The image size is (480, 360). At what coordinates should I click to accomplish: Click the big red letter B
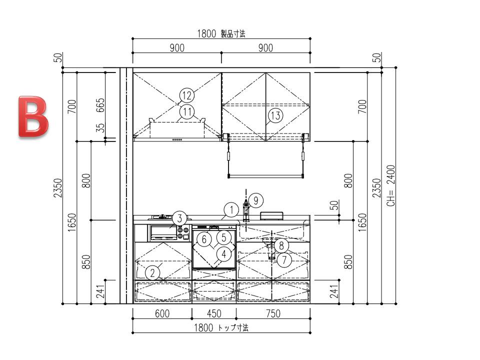[33, 116]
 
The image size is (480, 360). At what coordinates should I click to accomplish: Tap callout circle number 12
[186, 95]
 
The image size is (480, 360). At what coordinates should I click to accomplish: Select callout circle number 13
[275, 115]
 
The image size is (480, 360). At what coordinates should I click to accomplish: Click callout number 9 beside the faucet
[256, 200]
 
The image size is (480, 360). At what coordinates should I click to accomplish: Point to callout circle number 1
[231, 210]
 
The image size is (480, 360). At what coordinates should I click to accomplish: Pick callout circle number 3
[179, 218]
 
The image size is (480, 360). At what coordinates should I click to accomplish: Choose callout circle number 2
[153, 272]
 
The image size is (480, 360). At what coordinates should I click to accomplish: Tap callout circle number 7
[284, 260]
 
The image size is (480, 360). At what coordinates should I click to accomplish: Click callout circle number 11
[187, 111]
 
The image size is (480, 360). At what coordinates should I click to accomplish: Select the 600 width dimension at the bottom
[162, 313]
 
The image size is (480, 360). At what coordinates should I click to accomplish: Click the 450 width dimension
[213, 313]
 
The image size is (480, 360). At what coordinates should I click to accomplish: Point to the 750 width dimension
[273, 313]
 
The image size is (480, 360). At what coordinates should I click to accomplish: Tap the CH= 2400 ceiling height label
[391, 185]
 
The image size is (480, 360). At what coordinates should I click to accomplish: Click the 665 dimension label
[100, 105]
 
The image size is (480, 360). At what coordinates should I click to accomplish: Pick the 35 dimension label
[100, 127]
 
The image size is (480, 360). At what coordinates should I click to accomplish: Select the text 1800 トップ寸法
[221, 328]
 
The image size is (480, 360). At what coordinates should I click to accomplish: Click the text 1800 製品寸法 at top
[221, 33]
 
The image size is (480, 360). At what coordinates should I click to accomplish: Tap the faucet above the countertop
[246, 209]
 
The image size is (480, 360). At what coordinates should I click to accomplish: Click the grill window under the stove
[163, 232]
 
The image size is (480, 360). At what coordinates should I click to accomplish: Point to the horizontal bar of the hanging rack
[265, 176]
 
